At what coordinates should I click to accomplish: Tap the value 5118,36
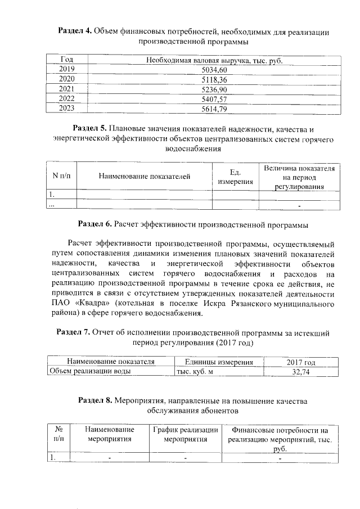point(213,80)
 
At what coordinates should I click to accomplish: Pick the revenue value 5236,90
point(213,89)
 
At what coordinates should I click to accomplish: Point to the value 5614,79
point(213,109)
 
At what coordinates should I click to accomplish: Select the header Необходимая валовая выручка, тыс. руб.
point(213,60)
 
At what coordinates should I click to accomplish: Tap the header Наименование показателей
point(145,177)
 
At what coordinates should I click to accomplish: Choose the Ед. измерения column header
point(235,177)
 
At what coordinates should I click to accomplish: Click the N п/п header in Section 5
point(61,177)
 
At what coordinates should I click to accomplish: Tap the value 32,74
point(301,371)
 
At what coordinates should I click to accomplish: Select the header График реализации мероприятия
point(186,435)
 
